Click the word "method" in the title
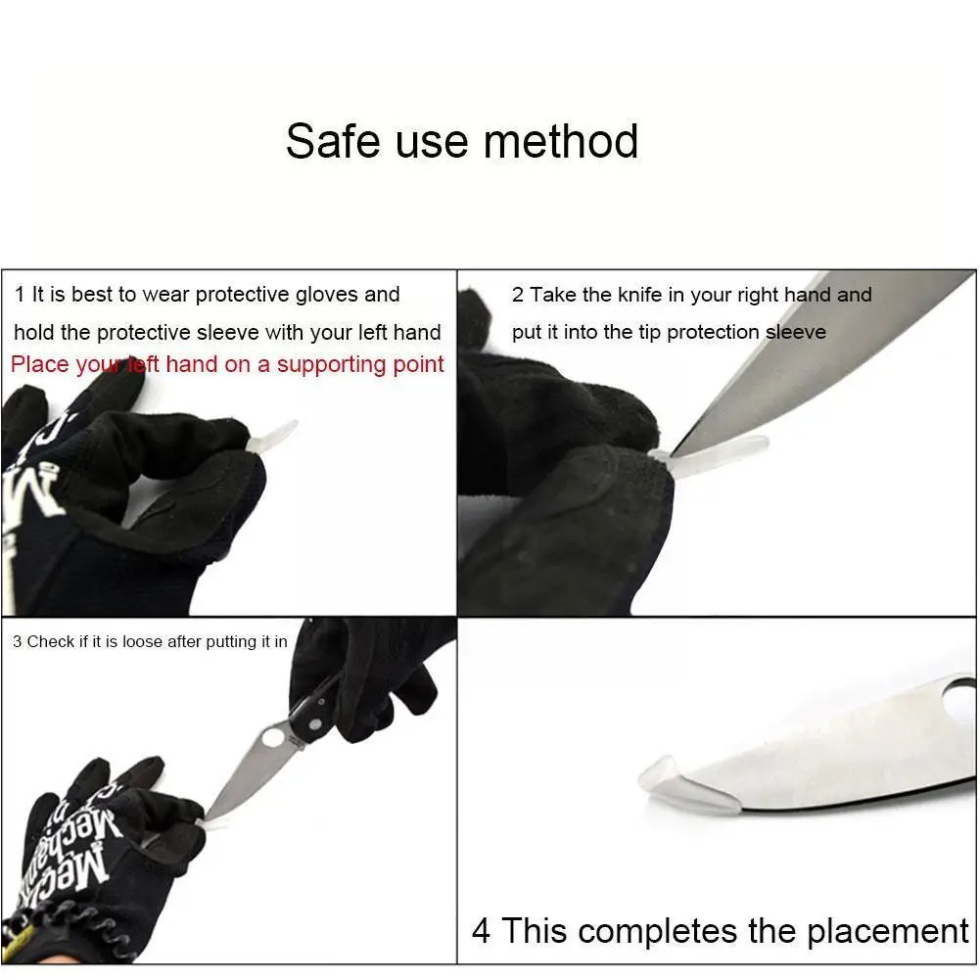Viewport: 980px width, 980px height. [x=561, y=141]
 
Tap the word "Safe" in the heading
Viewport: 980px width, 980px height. [x=333, y=141]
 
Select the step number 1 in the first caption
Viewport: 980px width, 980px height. [x=20, y=295]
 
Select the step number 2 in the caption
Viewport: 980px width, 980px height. [x=518, y=295]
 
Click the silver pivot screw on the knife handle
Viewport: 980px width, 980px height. [x=315, y=723]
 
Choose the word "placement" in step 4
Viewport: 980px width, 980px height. [x=888, y=931]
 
